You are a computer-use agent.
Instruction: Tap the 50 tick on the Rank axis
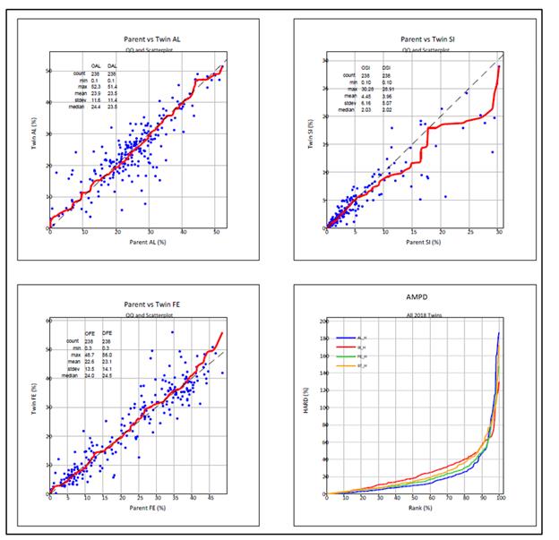coord(414,500)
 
